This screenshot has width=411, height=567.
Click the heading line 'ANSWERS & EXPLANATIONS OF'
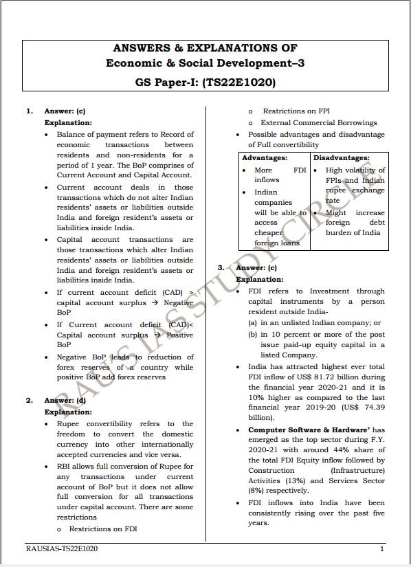coord(205,48)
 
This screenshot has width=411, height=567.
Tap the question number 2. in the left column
coord(29,400)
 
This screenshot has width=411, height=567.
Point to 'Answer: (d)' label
coord(65,400)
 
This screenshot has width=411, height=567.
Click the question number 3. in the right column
coord(221,267)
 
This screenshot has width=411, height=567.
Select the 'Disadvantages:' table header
coord(342,158)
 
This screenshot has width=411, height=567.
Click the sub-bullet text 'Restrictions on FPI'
coord(296,111)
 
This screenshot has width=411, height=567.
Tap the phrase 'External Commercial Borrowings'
coord(319,122)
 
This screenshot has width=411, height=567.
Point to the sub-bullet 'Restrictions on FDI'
coord(103,529)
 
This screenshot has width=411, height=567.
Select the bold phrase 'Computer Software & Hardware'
coord(298,430)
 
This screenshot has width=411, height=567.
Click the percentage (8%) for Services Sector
coord(257,491)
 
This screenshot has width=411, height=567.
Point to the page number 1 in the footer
coord(381,549)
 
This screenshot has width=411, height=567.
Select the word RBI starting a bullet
coord(64,467)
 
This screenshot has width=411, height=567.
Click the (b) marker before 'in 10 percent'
coord(253,335)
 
